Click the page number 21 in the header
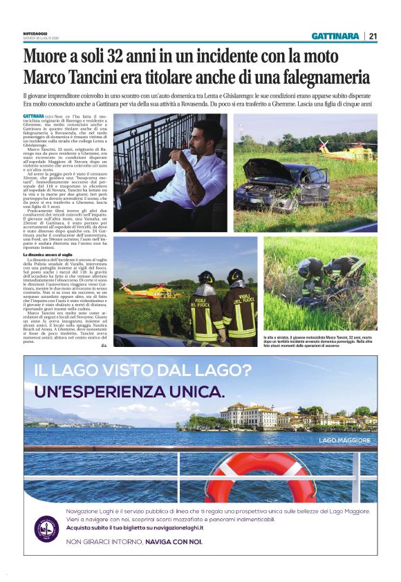pyautogui.click(x=373, y=36)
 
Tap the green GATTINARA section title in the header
pyautogui.click(x=335, y=36)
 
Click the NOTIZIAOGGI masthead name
pyautogui.click(x=35, y=34)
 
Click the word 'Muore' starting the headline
pyautogui.click(x=47, y=55)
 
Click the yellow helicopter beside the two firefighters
pyautogui.click(x=151, y=289)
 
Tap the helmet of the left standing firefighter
pyautogui.click(x=206, y=276)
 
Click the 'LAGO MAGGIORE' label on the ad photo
pyautogui.click(x=344, y=440)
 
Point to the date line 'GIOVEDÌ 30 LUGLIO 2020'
pyautogui.click(x=41, y=39)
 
